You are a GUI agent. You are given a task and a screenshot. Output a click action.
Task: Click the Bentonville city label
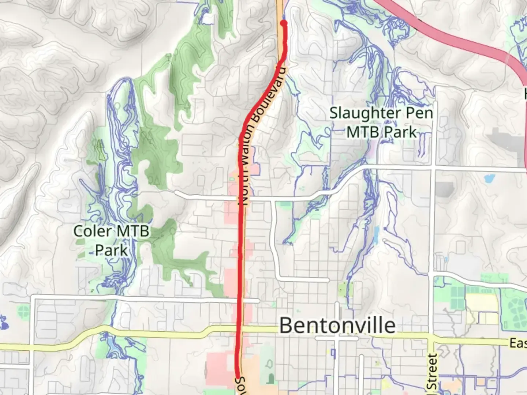pyautogui.click(x=337, y=325)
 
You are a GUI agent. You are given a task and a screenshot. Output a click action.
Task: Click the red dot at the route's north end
pyautogui.click(x=283, y=23)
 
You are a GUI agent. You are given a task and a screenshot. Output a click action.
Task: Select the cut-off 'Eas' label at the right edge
pyautogui.click(x=518, y=343)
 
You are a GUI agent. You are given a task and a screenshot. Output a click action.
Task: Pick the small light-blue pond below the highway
pyautogui.click(x=489, y=179)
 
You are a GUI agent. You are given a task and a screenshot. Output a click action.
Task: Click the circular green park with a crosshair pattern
pyautogui.click(x=23, y=312)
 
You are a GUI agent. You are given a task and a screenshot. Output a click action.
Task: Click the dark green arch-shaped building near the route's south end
pyautogui.click(x=271, y=378)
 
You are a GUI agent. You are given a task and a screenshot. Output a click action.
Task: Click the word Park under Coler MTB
pyautogui.click(x=111, y=251)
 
